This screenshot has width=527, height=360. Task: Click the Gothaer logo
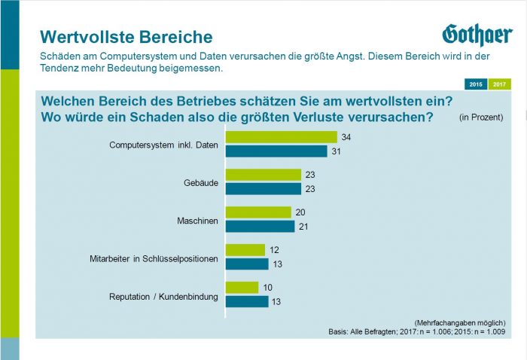pyautogui.click(x=477, y=35)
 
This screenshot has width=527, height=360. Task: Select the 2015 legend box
pyautogui.click(x=476, y=84)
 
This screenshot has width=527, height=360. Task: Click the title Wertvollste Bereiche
pyautogui.click(x=126, y=37)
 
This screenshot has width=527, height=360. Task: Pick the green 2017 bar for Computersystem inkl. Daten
pyautogui.click(x=282, y=137)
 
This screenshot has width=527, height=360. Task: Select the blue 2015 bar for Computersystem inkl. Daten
pyautogui.click(x=276, y=151)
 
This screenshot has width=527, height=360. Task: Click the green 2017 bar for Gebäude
pyautogui.click(x=263, y=175)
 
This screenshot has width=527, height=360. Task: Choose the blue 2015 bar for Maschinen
pyautogui.click(x=260, y=226)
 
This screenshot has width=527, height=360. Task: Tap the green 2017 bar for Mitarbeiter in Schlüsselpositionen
pyautogui.click(x=245, y=250)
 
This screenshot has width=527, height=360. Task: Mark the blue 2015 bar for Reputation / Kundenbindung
pyautogui.click(x=247, y=301)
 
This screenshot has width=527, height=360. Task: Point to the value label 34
pyautogui.click(x=346, y=137)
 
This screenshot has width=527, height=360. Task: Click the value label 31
pyautogui.click(x=337, y=151)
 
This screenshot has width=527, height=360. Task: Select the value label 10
pyautogui.click(x=268, y=288)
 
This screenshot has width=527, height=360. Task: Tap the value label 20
pyautogui.click(x=300, y=212)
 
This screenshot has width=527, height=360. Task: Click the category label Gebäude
pyautogui.click(x=200, y=182)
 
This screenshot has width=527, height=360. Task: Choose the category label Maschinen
pyautogui.click(x=197, y=220)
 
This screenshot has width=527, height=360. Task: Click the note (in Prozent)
pyautogui.click(x=480, y=117)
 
